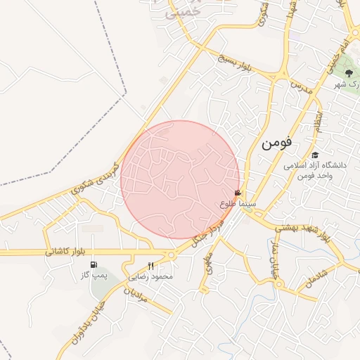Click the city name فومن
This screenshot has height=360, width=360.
pyautogui.click(x=276, y=144)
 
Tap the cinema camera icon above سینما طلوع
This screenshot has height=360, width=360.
pyautogui.click(x=238, y=193)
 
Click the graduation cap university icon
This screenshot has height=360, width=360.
pyautogui.click(x=315, y=155)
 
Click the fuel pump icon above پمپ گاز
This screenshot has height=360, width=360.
pyautogui.click(x=94, y=265)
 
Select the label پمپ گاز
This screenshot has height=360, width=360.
pyautogui.click(x=94, y=276)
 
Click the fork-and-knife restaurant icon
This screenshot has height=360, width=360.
pyautogui.click(x=150, y=266)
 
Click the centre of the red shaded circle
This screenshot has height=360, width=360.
pyautogui.click(x=180, y=179)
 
